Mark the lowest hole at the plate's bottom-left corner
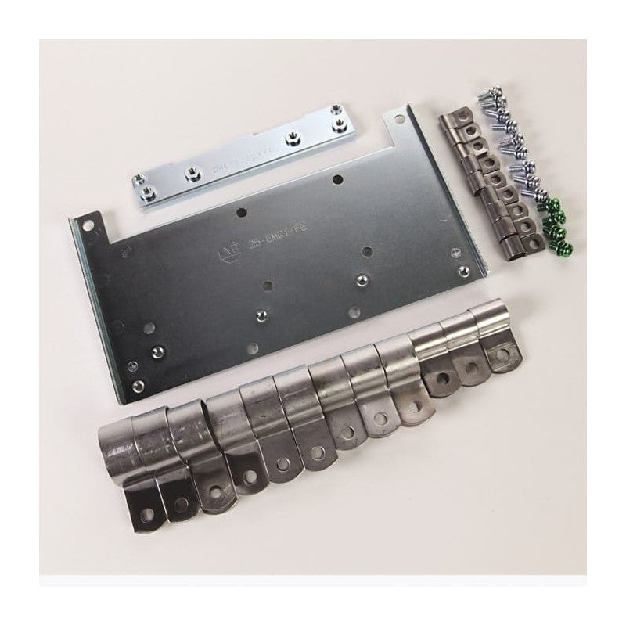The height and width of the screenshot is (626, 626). [139, 384]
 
